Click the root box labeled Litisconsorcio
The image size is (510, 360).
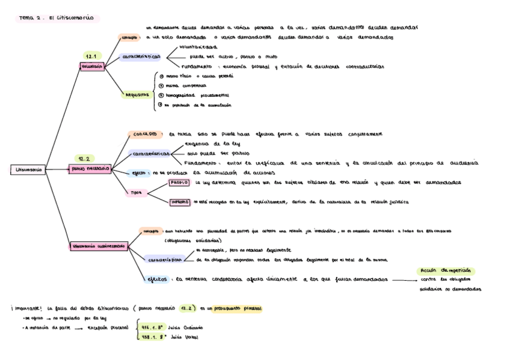pyautogui.click(x=28, y=170)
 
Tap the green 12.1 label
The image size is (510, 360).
pyautogui.click(x=91, y=55)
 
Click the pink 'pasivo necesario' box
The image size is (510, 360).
pyautogui.click(x=91, y=169)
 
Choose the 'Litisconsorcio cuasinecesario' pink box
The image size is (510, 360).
pyautogui.click(x=99, y=246)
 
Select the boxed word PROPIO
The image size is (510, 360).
pyautogui.click(x=179, y=182)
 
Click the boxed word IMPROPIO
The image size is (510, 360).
pyautogui.click(x=180, y=203)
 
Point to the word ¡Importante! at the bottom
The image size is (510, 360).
pyautogui.click(x=27, y=308)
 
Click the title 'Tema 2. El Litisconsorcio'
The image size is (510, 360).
pyautogui.click(x=57, y=19)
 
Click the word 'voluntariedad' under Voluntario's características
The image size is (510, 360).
pyautogui.click(x=198, y=46)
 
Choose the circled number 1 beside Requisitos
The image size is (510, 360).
pyautogui.click(x=160, y=76)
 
